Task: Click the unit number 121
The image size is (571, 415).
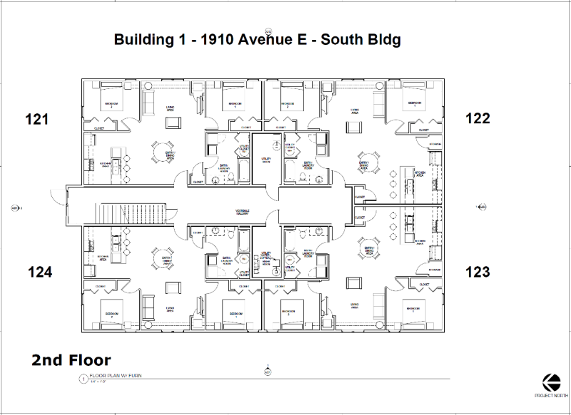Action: coord(37,119)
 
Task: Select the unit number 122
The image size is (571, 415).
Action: coord(477,118)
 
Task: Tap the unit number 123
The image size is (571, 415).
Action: coord(477,272)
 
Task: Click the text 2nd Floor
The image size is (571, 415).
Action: coord(71,360)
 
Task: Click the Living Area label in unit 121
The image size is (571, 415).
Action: coord(171,108)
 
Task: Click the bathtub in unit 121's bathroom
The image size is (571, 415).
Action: coord(243,171)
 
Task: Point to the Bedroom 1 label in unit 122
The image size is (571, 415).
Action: coord(415,103)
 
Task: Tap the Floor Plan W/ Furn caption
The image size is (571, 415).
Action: coord(113,379)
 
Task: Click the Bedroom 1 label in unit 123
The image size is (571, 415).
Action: coord(413,309)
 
